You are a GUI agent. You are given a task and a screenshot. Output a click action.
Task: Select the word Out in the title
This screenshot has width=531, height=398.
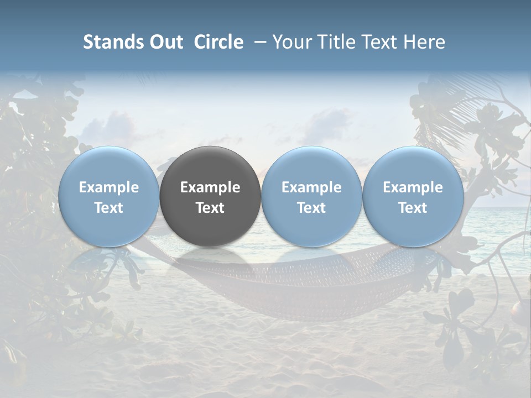[x=165, y=42]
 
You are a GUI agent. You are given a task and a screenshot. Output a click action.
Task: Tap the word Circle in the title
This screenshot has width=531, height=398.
[x=218, y=42]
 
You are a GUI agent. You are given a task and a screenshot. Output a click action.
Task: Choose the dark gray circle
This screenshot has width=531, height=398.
[x=210, y=196]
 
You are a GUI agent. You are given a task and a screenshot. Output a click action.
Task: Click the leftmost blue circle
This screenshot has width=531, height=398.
[x=108, y=196]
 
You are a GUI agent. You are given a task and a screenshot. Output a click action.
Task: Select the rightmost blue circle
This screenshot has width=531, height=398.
[x=413, y=196]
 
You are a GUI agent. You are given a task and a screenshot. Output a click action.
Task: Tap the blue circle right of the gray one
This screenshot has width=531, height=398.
[x=311, y=196]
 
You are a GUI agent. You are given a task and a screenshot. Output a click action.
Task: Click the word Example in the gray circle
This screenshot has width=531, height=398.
[x=210, y=187]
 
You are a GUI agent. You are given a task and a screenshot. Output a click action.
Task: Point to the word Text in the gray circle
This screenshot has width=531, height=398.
[x=210, y=208]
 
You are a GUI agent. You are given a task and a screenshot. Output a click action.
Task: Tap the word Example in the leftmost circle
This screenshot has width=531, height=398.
[x=108, y=187]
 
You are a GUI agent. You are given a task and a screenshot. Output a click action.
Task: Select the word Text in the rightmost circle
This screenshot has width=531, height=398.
[x=413, y=208]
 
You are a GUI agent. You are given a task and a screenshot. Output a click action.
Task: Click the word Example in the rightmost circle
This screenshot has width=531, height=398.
[x=413, y=187]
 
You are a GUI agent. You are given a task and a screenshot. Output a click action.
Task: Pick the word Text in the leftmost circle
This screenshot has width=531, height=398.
[x=108, y=208]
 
